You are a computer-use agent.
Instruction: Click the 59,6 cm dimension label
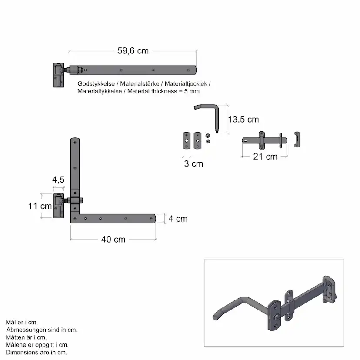(133, 51)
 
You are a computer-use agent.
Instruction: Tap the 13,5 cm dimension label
(243, 120)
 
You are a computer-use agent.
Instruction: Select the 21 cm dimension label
(265, 157)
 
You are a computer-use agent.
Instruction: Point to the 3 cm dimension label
(193, 164)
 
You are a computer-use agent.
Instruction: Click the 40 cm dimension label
(113, 239)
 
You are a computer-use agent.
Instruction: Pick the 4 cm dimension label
(178, 219)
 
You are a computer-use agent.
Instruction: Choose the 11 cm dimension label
(40, 206)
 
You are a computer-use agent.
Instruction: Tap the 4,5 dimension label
(58, 180)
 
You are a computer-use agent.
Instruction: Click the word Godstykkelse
(96, 84)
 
